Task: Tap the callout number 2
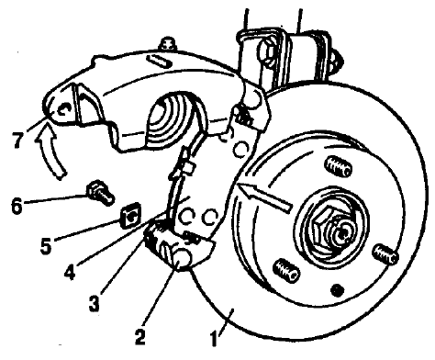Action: [x=139, y=336]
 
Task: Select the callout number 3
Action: [x=95, y=303]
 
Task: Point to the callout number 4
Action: [x=70, y=271]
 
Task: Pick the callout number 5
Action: [x=46, y=246]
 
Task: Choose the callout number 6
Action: [x=17, y=206]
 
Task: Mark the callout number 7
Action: [x=18, y=140]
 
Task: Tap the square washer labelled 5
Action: [x=130, y=217]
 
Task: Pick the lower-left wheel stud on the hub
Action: [x=286, y=271]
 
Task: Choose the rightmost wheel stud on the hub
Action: [x=385, y=253]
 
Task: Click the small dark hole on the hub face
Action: [x=337, y=289]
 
